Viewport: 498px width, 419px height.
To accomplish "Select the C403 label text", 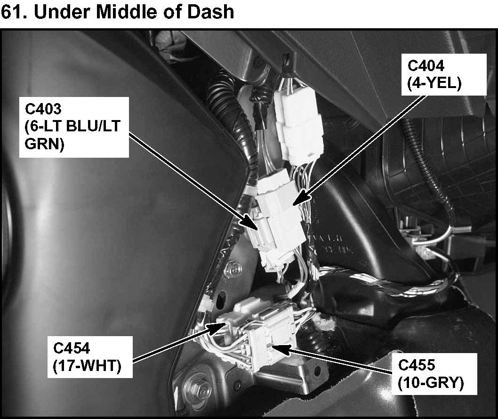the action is [x=43, y=109].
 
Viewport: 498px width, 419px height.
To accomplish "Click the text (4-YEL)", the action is [x=434, y=83].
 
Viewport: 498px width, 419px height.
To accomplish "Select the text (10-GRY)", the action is [x=430, y=383].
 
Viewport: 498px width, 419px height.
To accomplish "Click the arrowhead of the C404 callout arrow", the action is [x=296, y=201].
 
